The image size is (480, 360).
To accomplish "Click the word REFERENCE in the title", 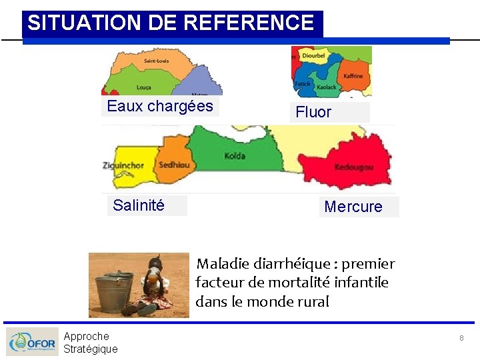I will tap(248, 23).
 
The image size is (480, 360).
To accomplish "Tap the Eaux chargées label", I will tap(160, 106).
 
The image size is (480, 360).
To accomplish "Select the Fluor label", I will tap(313, 112).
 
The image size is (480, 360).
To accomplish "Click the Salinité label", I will tap(139, 205).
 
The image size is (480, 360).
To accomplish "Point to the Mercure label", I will tap(353, 207).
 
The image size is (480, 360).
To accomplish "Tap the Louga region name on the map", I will tap(143, 87).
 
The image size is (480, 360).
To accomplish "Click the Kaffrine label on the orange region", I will tap(353, 75).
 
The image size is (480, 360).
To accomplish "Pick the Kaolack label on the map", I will tap(327, 87).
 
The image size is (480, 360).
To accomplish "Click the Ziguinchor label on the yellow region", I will tap(123, 165).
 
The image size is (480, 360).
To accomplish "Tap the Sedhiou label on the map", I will tap(174, 165).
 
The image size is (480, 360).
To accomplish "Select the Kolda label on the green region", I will tap(235, 156).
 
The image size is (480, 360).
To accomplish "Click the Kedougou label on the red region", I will tap(353, 167).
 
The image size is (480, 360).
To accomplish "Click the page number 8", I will tap(461, 339).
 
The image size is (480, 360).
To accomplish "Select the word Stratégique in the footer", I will tap(91, 349).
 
